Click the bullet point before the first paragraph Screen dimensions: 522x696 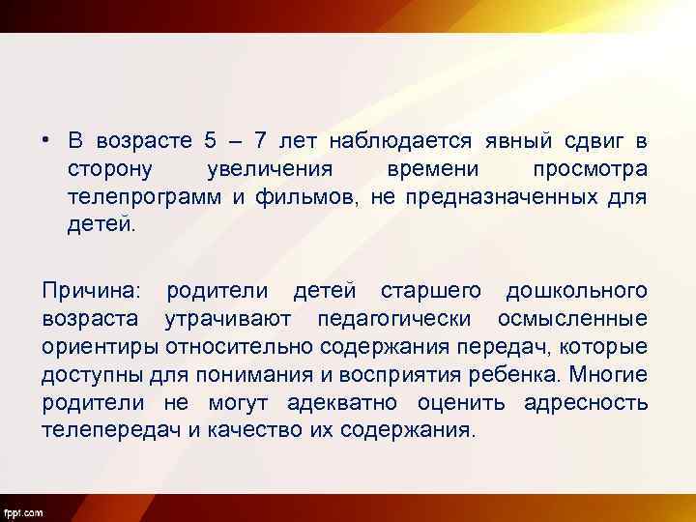pos(46,141)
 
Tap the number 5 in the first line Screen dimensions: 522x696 pos(211,141)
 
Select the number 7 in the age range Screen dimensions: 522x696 pos(259,141)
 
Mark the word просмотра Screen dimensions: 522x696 pos(590,169)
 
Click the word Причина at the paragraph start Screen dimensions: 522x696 pos(91,290)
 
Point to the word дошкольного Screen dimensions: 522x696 pos(577,290)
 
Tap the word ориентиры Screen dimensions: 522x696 pos(101,346)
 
